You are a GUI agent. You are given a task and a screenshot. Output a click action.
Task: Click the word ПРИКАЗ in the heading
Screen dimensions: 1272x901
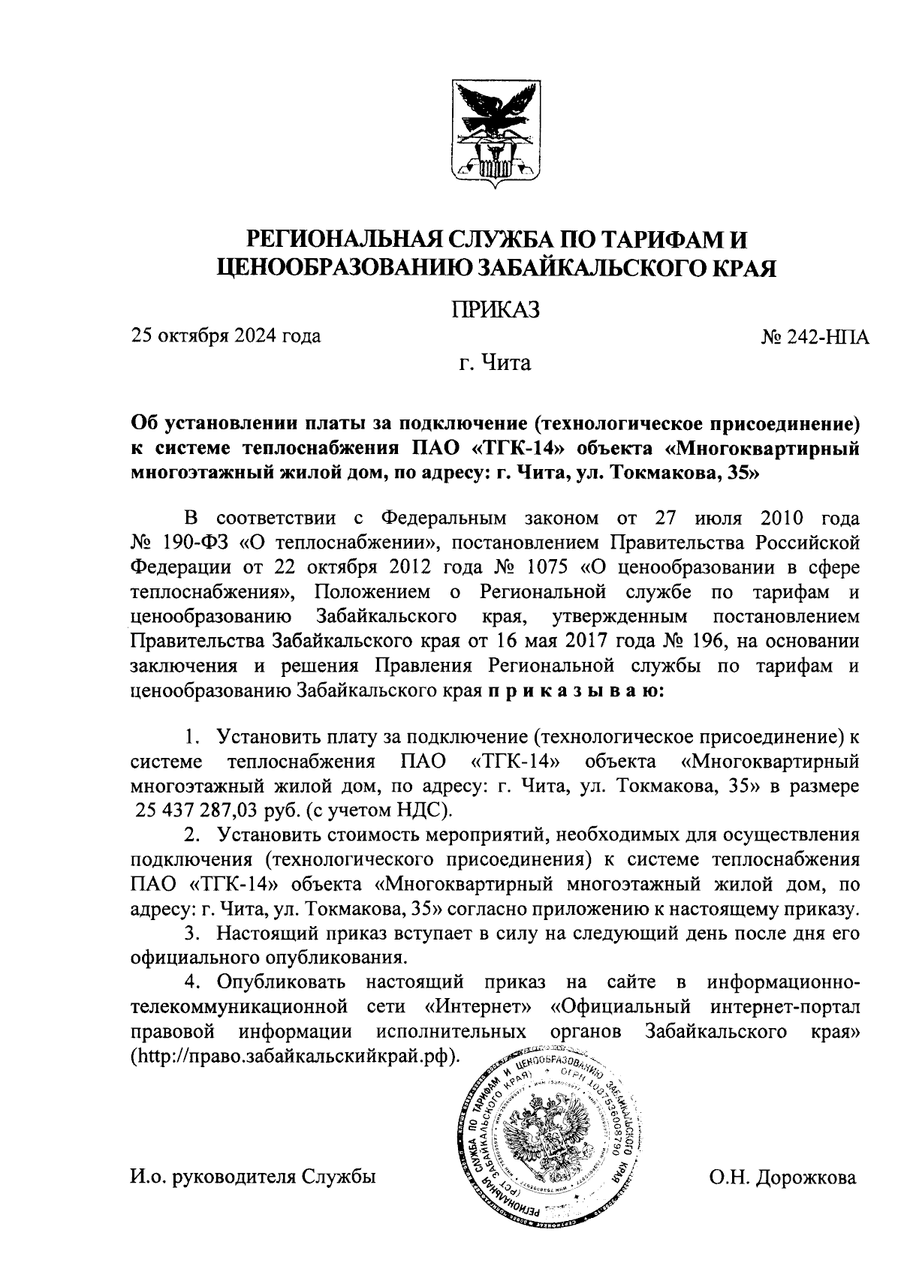[x=495, y=308]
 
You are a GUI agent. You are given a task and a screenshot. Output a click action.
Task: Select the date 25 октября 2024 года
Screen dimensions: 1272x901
[x=226, y=335]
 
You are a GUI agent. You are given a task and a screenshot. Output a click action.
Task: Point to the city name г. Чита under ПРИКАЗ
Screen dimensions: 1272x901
[x=495, y=365]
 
